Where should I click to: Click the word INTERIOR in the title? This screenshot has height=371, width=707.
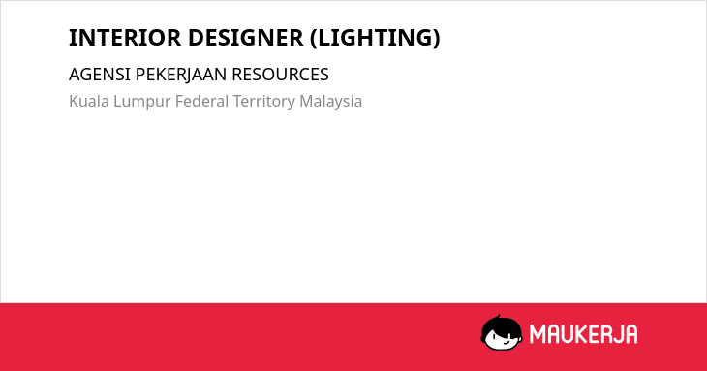coord(125,38)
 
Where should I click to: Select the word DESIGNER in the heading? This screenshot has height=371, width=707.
coord(246,38)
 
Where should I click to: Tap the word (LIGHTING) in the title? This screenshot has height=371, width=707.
coord(375,38)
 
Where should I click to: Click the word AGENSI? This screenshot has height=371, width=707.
coord(99,75)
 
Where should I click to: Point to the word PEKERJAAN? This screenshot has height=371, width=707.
coord(181,75)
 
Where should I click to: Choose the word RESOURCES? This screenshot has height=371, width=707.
coord(280,75)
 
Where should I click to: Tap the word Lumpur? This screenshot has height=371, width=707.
coord(141,102)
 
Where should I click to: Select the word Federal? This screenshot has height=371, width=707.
coord(201,101)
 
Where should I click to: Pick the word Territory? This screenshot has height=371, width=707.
coord(263,102)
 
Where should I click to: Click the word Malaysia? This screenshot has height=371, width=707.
coord(330,102)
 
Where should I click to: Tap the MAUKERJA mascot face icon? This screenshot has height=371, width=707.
coord(502,332)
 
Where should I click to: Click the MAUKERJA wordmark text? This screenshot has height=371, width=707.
coord(583,334)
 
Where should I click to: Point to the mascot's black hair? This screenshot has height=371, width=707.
coord(501,325)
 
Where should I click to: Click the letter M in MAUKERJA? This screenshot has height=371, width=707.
coord(538,334)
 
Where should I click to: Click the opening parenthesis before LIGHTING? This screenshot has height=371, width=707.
coord(314,39)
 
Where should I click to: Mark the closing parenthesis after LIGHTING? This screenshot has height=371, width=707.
coord(436,39)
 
